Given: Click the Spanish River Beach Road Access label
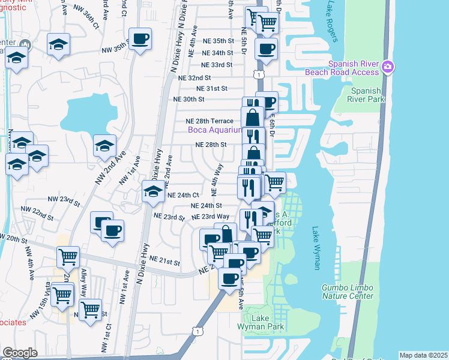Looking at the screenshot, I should click(354, 68).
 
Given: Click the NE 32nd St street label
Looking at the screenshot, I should click(191, 78).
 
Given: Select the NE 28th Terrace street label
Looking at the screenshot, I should click(209, 121).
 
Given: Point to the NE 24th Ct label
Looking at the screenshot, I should click(182, 195).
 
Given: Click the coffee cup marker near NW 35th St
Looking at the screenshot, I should click(140, 40).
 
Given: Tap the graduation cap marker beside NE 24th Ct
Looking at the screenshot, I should click(153, 192).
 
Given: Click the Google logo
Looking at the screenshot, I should click(20, 353).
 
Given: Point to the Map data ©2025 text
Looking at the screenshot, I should click(423, 355).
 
